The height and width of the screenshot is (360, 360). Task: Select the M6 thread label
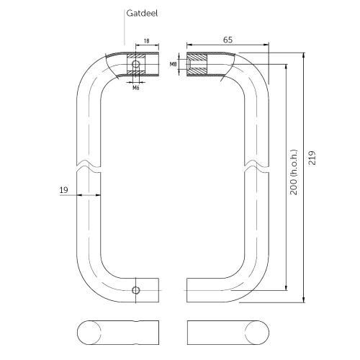(x=135, y=88)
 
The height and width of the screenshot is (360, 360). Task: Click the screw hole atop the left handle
(x=134, y=65)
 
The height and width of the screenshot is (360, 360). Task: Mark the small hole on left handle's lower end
(x=135, y=290)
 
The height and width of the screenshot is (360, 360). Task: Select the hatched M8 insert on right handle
(x=197, y=65)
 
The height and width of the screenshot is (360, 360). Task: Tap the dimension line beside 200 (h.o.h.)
(x=287, y=216)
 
